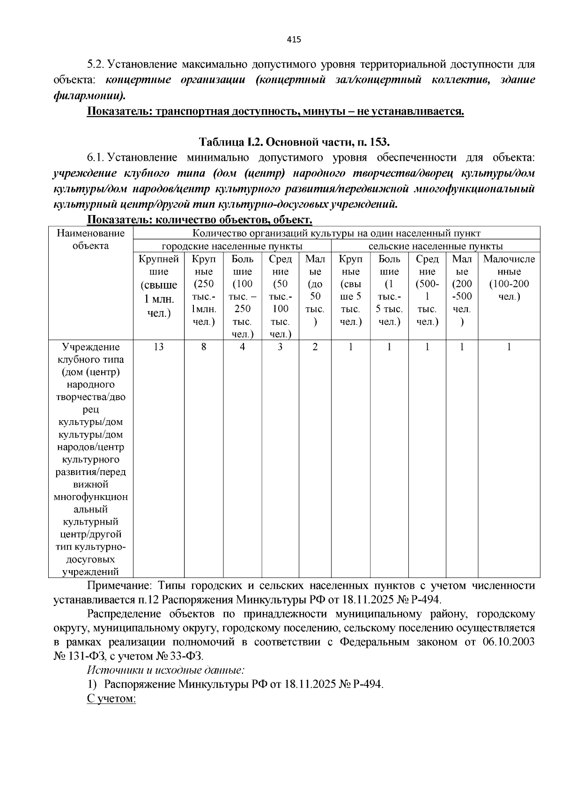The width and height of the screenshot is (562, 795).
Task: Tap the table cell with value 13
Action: [158, 347]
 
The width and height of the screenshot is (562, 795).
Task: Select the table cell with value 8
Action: [204, 347]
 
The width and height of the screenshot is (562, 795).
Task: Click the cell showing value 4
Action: [242, 347]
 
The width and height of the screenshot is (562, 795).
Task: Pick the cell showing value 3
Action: [280, 347]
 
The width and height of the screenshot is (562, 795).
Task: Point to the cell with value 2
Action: [315, 347]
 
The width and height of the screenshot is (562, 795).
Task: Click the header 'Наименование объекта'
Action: [91, 240]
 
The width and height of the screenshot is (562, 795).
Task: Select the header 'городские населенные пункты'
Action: [232, 246]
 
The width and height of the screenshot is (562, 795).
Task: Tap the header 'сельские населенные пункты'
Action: [436, 246]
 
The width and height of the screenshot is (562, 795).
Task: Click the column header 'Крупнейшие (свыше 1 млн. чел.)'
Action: [158, 286]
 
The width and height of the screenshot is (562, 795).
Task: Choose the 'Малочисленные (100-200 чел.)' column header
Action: [509, 278]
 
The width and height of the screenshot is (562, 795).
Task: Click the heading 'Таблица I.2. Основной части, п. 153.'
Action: [295, 142]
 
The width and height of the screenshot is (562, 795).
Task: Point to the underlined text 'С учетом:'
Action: [111, 698]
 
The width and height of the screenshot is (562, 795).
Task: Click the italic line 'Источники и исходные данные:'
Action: [166, 670]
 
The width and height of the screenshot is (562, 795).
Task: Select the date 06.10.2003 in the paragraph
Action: [508, 642]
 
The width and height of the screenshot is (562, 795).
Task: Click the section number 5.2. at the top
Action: [98, 64]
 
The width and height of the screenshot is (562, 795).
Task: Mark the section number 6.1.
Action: [98, 158]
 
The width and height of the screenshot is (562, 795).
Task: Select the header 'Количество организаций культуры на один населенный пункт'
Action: [336, 233]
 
